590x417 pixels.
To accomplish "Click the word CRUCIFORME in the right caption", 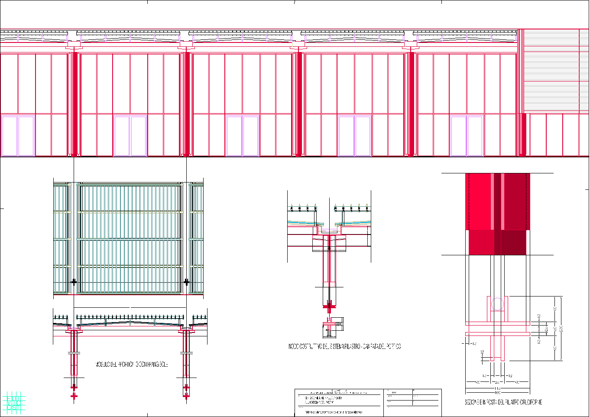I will coord(528,402).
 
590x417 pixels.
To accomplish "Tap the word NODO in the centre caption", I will coord(294,346).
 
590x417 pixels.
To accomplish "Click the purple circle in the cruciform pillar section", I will coord(498,304).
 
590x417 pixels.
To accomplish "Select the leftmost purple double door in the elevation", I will coord(18,136).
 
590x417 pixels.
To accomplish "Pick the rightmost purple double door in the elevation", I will coord(467,136).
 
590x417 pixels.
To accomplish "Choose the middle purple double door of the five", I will coord(243,136).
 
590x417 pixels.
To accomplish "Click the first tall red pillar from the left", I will coord(74,104).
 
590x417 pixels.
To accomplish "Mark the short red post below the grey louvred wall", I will coord(523,134).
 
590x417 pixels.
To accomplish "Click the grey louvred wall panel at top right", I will coord(552,72).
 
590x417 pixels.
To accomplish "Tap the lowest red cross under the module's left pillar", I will coord(74,396).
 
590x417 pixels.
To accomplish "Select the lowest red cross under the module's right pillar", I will coord(186,395).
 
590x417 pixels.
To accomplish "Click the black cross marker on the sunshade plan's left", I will coord(74,282).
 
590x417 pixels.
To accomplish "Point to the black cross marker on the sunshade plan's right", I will coord(186,282).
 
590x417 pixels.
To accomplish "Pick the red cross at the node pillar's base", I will coord(329,306).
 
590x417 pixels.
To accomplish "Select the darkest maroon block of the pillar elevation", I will coord(513,242).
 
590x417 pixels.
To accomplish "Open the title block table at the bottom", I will coord(368,403).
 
